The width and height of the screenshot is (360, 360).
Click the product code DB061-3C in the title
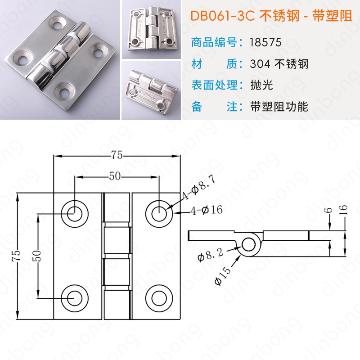pyautogui.click(x=223, y=16)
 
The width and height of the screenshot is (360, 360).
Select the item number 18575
pyautogui.click(x=265, y=42)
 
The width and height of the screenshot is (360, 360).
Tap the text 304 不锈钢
pyautogui.click(x=279, y=64)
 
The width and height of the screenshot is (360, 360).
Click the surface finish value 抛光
pyautogui.click(x=261, y=85)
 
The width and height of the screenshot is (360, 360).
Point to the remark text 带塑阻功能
pyautogui.click(x=279, y=107)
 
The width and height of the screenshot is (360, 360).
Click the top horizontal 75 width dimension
pyautogui.click(x=117, y=155)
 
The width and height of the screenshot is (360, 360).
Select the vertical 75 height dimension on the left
pyautogui.click(x=16, y=256)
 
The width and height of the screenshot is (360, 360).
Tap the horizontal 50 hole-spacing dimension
pyautogui.click(x=115, y=176)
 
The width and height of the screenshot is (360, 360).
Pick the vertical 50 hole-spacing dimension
pyautogui.click(x=37, y=256)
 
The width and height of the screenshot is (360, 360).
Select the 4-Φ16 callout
pyautogui.click(x=207, y=210)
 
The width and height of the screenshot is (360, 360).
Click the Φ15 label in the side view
pyautogui.click(x=222, y=276)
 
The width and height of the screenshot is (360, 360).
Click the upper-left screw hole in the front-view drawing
pyautogui.click(x=75, y=214)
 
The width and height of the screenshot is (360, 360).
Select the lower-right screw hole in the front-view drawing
pyautogui.click(x=159, y=298)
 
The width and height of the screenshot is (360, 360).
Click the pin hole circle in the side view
pyautogui.click(x=248, y=245)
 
